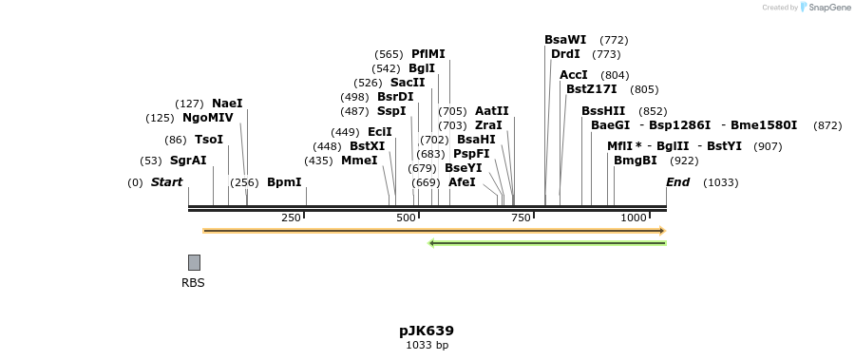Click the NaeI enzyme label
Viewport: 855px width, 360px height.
pyautogui.click(x=227, y=103)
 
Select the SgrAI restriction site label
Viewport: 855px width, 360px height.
pyautogui.click(x=188, y=161)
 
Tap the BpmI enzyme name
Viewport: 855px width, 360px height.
pyautogui.click(x=284, y=182)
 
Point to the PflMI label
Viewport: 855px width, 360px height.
pyautogui.click(x=427, y=54)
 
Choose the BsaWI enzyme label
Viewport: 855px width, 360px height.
pyautogui.click(x=565, y=40)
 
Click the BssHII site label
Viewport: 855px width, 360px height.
pyautogui.click(x=603, y=111)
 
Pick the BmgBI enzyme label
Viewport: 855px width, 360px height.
pyautogui.click(x=635, y=161)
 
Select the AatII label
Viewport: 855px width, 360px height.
pyautogui.click(x=492, y=111)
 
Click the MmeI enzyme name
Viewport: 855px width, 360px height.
pyautogui.click(x=359, y=161)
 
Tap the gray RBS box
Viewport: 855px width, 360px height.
pyautogui.click(x=194, y=262)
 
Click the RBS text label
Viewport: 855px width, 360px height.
pyautogui.click(x=193, y=282)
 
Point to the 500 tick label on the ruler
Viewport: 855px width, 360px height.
pyautogui.click(x=406, y=218)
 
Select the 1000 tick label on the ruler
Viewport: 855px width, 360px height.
pyautogui.click(x=634, y=218)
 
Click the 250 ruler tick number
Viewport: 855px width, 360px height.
pyautogui.click(x=291, y=218)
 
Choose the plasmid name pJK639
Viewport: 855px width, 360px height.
pyautogui.click(x=427, y=331)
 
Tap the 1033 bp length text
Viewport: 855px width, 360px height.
pyautogui.click(x=427, y=345)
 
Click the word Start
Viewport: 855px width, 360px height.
pyautogui.click(x=166, y=182)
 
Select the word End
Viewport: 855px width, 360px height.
pyautogui.click(x=678, y=182)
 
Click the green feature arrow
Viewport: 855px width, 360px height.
pyautogui.click(x=547, y=243)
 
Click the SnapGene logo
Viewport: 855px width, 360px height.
pyautogui.click(x=827, y=8)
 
